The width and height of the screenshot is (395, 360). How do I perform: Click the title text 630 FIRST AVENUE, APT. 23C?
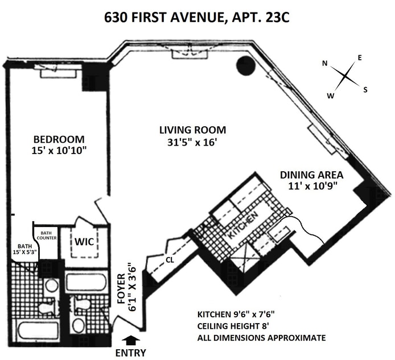197,18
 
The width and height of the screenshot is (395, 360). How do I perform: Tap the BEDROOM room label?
59,139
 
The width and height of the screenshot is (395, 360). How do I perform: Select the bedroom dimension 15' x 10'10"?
59,151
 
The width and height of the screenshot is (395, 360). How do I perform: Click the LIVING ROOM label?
193,130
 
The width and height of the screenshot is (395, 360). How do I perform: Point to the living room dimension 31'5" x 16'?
192,143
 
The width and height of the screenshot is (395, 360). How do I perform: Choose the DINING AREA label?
311,175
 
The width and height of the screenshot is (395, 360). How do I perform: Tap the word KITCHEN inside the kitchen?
243,225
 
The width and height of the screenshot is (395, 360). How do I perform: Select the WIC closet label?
84,242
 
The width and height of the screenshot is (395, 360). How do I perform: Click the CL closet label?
170,260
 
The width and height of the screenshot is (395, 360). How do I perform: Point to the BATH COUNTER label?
47,235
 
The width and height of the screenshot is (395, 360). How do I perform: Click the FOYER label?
121,288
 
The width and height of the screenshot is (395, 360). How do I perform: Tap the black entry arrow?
131,341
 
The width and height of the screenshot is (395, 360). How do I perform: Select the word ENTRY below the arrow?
130,353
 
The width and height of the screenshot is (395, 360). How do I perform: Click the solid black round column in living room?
246,65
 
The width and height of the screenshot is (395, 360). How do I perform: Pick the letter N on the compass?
325,64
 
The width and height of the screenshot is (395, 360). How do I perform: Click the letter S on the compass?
365,90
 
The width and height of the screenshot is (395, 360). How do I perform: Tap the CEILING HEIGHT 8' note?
233,326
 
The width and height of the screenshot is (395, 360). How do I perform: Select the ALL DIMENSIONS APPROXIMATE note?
261,338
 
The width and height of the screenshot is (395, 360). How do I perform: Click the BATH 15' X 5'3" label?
25,249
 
